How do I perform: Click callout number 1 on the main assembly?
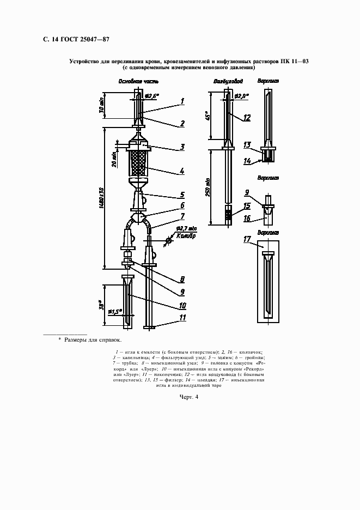[x=183, y=101]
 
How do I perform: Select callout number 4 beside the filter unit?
[x=182, y=171]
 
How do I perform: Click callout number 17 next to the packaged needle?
[x=247, y=239]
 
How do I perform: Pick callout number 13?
[x=247, y=145]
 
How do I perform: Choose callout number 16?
[x=247, y=218]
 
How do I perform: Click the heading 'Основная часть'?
[x=139, y=81]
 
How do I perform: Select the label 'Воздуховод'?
[x=224, y=81]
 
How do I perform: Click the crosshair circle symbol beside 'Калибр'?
[x=169, y=239]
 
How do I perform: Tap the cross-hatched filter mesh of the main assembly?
[x=138, y=163]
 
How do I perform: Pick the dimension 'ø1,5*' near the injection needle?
[x=115, y=312]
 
